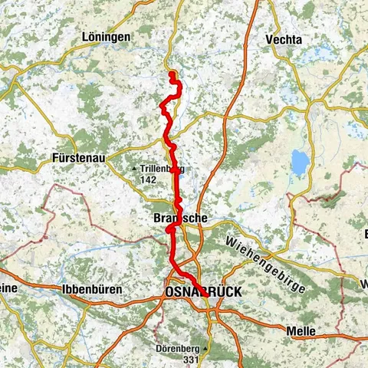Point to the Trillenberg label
[x=162, y=169]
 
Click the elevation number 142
[x=148, y=179]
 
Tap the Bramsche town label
[x=180, y=219]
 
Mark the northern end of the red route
[x=172, y=74]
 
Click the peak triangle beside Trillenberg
[x=135, y=169]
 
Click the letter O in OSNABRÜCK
[x=169, y=291]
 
